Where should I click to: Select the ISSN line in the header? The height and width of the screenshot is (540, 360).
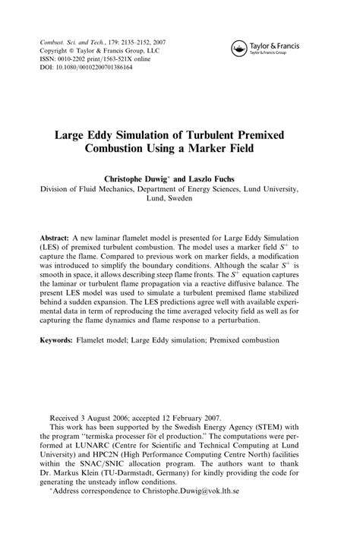click(92, 57)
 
